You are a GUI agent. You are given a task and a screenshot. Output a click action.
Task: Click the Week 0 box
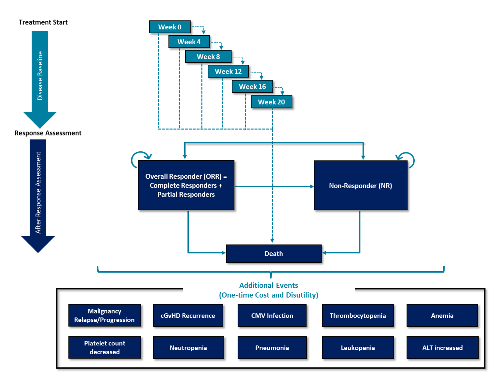pyautogui.click(x=170, y=27)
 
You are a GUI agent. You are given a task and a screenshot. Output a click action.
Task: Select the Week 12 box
pyautogui.click(x=228, y=72)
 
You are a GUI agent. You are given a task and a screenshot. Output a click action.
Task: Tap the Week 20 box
pyautogui.click(x=271, y=102)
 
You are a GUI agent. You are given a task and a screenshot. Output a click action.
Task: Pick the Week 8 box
pyautogui.click(x=208, y=57)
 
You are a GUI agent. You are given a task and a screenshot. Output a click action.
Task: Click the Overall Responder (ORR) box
pyautogui.click(x=186, y=185)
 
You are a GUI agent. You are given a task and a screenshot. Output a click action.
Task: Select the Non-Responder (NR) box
pyautogui.click(x=360, y=186)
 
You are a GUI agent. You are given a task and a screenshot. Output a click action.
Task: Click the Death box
pyautogui.click(x=273, y=254)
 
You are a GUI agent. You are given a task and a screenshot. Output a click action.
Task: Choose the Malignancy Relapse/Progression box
pyautogui.click(x=104, y=316)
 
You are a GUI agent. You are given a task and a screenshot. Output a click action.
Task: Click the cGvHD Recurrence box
pyautogui.click(x=188, y=316)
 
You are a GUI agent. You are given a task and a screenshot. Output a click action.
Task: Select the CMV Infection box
pyautogui.click(x=272, y=316)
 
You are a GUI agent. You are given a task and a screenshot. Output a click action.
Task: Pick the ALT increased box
pyautogui.click(x=442, y=348)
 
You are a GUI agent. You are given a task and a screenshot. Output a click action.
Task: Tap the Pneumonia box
pyautogui.click(x=272, y=348)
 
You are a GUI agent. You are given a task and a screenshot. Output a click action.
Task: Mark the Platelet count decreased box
pyautogui.click(x=104, y=348)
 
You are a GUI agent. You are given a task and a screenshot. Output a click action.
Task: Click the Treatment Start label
pyautogui.click(x=43, y=22)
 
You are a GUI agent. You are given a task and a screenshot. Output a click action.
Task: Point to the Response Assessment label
pyautogui.click(x=48, y=133)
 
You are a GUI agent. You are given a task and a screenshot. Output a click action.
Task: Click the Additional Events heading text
pyautogui.click(x=269, y=286)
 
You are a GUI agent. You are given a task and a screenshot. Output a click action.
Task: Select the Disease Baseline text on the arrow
pyautogui.click(x=40, y=76)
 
